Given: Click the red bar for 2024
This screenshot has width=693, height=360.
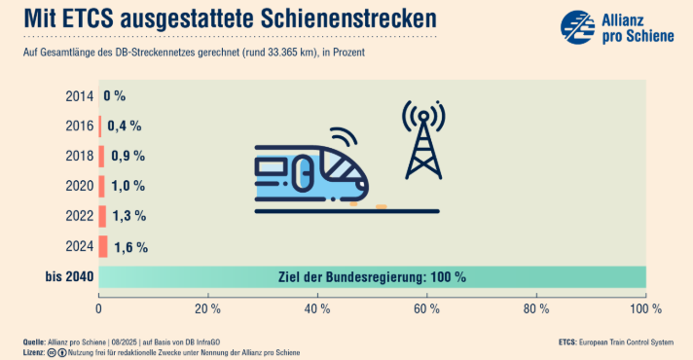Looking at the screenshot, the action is [x=103, y=246].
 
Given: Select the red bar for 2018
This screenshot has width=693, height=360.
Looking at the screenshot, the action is [x=101, y=157].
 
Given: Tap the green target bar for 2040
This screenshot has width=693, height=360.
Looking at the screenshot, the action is [x=372, y=277].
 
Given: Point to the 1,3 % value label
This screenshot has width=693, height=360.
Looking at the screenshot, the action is [x=129, y=216].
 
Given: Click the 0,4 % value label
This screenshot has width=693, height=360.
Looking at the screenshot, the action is [x=125, y=126].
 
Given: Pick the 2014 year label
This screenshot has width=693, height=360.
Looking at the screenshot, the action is [x=80, y=96].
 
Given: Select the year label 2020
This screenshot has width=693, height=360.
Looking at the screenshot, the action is [x=80, y=186].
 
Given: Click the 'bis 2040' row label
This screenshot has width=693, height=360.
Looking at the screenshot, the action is [x=69, y=277].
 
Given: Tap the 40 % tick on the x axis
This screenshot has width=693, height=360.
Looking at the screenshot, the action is [x=317, y=308].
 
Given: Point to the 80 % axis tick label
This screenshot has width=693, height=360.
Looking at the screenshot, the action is [x=536, y=308].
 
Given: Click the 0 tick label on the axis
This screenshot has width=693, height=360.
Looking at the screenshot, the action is [x=98, y=308].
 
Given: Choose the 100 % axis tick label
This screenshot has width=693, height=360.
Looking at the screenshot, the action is [x=645, y=308].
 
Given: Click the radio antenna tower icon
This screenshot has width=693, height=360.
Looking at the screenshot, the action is [x=423, y=140].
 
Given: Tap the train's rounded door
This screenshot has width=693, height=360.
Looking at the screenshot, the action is [x=304, y=173].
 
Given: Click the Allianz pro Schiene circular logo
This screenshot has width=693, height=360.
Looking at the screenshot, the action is [x=577, y=27].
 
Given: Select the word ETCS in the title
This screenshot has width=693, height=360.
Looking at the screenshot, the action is [x=87, y=18].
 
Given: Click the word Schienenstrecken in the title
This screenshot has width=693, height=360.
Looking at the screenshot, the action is [x=348, y=18].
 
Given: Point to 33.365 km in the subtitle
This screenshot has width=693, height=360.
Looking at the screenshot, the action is [x=292, y=53].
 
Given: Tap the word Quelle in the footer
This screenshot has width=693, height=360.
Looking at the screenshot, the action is [x=34, y=342].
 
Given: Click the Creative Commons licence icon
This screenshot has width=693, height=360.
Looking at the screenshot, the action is [x=52, y=353].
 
